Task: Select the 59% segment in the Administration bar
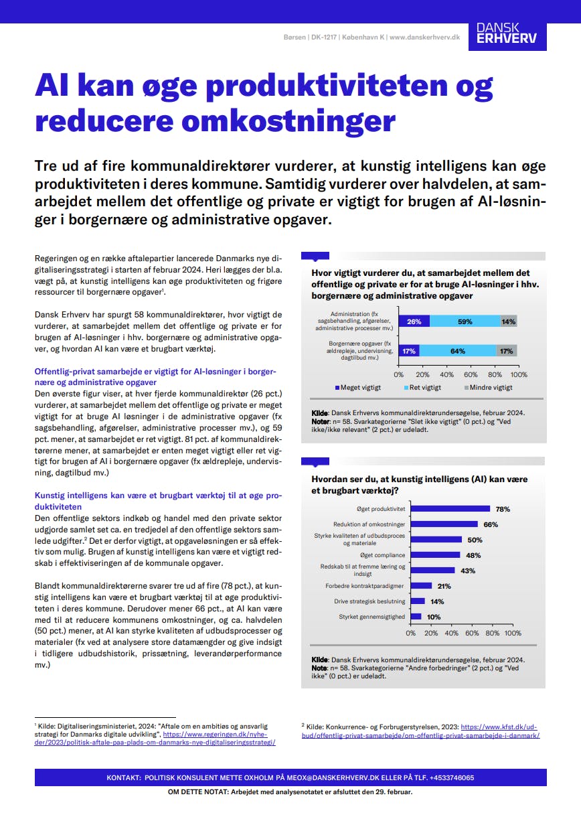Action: (465, 321)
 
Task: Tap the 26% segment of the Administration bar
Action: (414, 321)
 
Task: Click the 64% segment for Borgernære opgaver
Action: (458, 350)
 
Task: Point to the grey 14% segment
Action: (509, 321)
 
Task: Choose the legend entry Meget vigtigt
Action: (358, 388)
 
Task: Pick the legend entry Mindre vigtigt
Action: (489, 388)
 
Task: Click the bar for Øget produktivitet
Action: (450, 508)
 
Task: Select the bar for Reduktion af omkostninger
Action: (444, 524)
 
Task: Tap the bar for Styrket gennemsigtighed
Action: (416, 616)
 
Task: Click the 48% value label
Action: (473, 555)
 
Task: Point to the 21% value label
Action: (444, 586)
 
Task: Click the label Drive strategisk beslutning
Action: (369, 601)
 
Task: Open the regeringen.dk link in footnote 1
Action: (155, 738)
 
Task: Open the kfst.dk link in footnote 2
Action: (420, 731)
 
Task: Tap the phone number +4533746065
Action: (452, 777)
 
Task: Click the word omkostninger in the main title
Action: (288, 121)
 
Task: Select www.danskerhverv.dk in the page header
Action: (424, 37)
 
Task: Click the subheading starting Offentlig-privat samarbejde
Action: (155, 377)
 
